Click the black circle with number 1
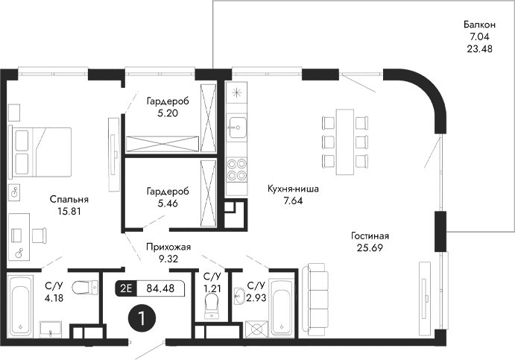point(142,318)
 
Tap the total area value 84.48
point(160,288)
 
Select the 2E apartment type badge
point(126,288)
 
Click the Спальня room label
point(69,200)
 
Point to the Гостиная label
point(370,236)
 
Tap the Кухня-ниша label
point(293,189)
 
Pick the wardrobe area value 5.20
point(167,113)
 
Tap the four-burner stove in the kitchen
point(237,169)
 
